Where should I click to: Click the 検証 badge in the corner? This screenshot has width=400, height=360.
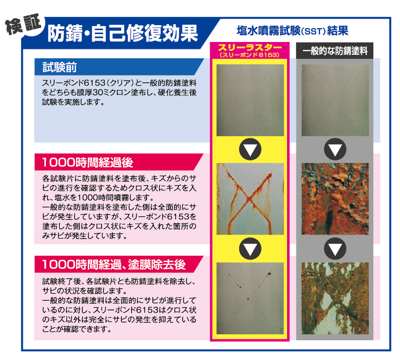pyautogui.click(x=24, y=25)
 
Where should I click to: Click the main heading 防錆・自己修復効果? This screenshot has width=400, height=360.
pyautogui.click(x=123, y=33)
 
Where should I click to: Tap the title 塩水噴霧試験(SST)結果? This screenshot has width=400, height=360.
pyautogui.click(x=292, y=31)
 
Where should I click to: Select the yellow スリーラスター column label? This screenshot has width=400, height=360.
pyautogui.click(x=250, y=47)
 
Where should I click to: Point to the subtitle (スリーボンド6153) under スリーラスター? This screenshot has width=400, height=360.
pyautogui.click(x=250, y=55)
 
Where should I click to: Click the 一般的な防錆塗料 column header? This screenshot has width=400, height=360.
pyautogui.click(x=335, y=51)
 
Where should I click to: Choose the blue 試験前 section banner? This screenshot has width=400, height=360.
pyautogui.click(x=119, y=67)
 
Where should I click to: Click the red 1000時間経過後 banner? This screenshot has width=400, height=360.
pyautogui.click(x=119, y=162)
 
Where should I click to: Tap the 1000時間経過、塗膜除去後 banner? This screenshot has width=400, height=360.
pyautogui.click(x=119, y=264)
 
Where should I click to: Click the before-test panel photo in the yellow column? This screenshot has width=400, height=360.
pyautogui.click(x=250, y=100)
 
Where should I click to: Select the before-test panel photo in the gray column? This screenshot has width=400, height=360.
pyautogui.click(x=335, y=100)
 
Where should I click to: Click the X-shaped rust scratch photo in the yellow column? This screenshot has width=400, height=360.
pyautogui.click(x=250, y=199)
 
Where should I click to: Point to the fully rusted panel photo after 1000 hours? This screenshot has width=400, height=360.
pyautogui.click(x=335, y=199)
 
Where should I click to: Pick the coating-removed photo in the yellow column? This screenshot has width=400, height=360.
pyautogui.click(x=250, y=298)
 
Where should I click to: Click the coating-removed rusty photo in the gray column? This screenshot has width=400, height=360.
pyautogui.click(x=335, y=298)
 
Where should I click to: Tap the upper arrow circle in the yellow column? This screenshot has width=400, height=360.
pyautogui.click(x=250, y=149)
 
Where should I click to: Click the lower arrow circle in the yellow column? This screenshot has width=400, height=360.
pyautogui.click(x=250, y=248)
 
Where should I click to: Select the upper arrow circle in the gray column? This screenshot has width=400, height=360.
pyautogui.click(x=335, y=149)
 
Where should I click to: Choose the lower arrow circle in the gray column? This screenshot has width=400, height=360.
pyautogui.click(x=335, y=248)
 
